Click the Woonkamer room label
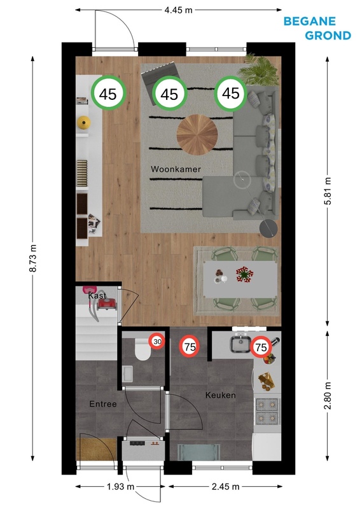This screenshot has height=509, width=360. click(x=176, y=169)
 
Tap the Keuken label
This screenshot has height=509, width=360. click(x=221, y=395)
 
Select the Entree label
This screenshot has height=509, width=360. click(x=103, y=404)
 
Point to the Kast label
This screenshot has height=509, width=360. click(x=97, y=295)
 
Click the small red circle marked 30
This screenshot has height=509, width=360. click(x=158, y=342)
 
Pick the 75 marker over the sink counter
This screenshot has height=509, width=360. click(x=261, y=347)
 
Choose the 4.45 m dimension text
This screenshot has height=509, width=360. click(x=178, y=10)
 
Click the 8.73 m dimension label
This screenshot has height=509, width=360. click(x=33, y=258)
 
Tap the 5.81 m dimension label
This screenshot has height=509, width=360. click(x=328, y=191)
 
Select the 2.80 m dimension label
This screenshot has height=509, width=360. click(x=328, y=395)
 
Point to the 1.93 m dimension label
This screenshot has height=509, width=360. click(x=120, y=486)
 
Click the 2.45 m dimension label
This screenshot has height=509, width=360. click(x=225, y=486)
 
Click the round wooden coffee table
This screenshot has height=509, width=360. click(x=197, y=135)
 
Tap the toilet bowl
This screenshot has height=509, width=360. click(x=142, y=349)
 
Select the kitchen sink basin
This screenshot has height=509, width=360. click(x=240, y=344)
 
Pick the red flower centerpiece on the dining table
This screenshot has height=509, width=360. click(x=244, y=274)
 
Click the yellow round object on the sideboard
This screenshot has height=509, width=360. click(x=84, y=122)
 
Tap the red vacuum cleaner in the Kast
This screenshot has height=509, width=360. click(x=107, y=304)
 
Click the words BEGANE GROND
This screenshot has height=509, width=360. click(x=317, y=28)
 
